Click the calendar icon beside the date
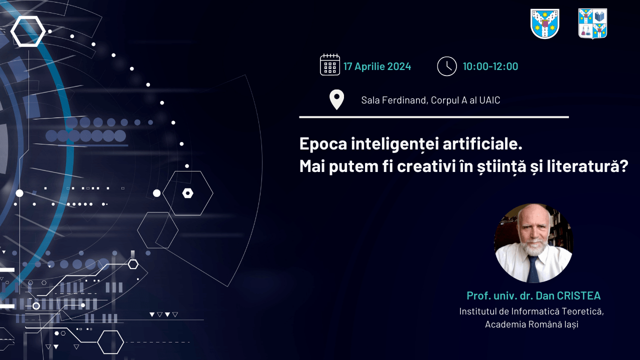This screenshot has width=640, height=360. click(x=329, y=64)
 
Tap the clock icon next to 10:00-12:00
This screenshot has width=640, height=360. click(x=447, y=66)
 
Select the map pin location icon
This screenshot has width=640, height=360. click(x=336, y=99)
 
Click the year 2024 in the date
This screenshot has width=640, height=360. click(x=399, y=66)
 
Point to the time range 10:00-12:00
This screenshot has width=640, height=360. click(x=490, y=66)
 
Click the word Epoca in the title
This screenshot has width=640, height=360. click(x=323, y=144)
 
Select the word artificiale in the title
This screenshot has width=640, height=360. click(x=482, y=143)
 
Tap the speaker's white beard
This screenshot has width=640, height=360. click(x=533, y=246)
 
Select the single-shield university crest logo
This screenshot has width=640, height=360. click(x=545, y=23)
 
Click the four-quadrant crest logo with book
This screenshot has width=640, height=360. click(x=592, y=23)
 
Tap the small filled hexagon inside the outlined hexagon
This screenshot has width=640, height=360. click(x=187, y=193)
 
